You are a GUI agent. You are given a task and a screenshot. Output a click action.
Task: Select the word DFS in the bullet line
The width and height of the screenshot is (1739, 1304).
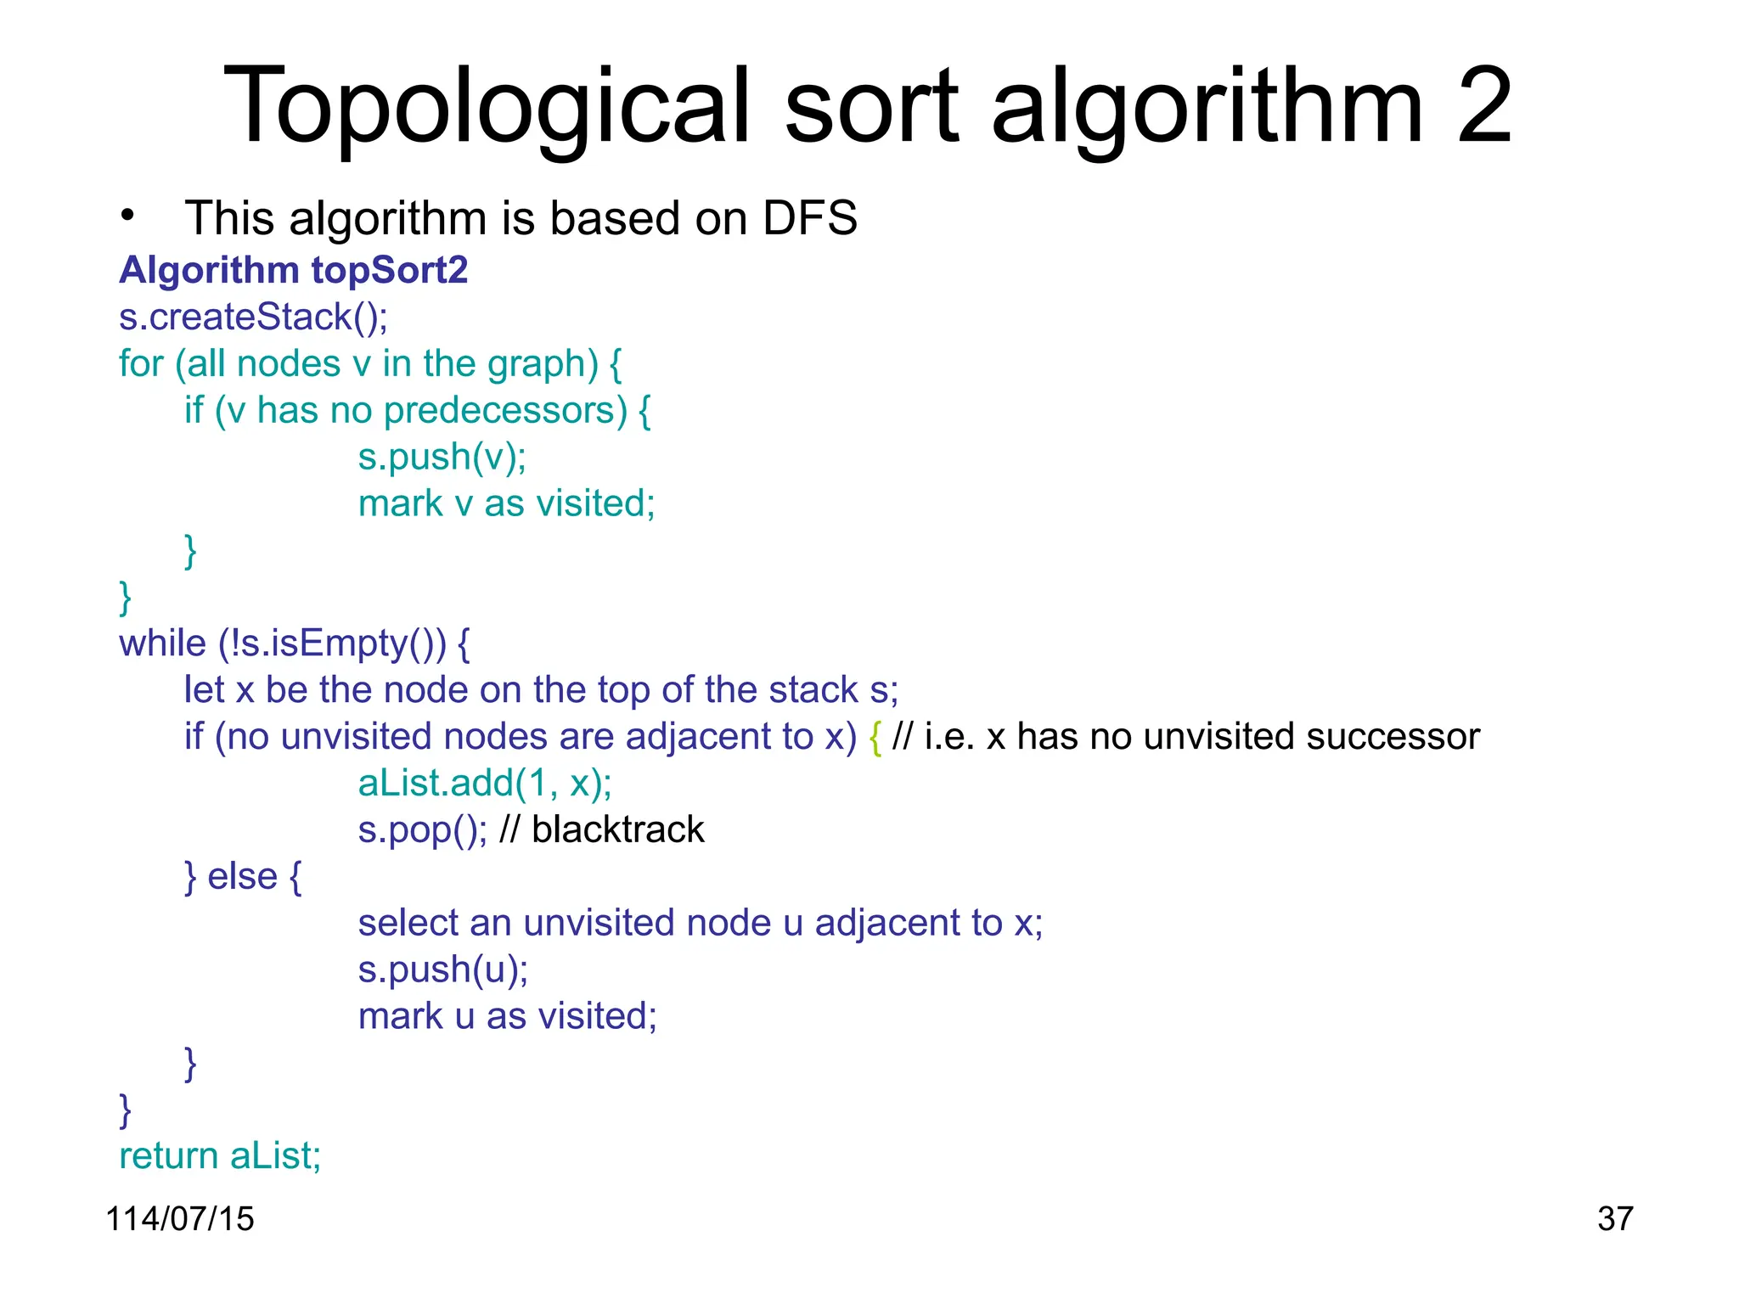[810, 218]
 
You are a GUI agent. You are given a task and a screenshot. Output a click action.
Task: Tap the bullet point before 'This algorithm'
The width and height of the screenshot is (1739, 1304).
[127, 216]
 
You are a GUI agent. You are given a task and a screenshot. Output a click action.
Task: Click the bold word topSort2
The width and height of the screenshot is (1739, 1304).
[390, 270]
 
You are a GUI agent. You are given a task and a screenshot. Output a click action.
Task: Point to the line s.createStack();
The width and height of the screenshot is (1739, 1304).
[253, 317]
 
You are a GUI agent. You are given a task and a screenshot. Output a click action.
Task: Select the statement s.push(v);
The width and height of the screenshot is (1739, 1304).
[442, 457]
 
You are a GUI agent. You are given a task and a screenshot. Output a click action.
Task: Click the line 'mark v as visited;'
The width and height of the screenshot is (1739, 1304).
[506, 503]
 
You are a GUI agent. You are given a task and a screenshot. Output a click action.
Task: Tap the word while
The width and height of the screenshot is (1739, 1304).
[162, 644]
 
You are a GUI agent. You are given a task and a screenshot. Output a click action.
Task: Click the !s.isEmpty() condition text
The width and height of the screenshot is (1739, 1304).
[331, 644]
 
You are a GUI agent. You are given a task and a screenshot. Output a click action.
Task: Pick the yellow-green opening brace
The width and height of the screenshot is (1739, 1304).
[875, 737]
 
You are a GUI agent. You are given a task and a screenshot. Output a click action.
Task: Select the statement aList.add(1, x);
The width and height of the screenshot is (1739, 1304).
[484, 783]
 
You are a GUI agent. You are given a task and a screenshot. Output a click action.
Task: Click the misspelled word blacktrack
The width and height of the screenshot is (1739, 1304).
[617, 829]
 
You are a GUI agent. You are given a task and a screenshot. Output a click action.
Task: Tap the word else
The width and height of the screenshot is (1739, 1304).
[242, 876]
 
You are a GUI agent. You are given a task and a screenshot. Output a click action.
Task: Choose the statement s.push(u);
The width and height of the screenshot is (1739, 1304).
[442, 970]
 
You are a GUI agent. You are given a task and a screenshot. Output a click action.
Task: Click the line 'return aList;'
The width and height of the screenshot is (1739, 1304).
[220, 1155]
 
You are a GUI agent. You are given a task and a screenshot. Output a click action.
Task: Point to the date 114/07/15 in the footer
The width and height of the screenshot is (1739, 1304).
[179, 1218]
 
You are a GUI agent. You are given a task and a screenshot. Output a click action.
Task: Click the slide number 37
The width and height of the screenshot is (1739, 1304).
[1614, 1218]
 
